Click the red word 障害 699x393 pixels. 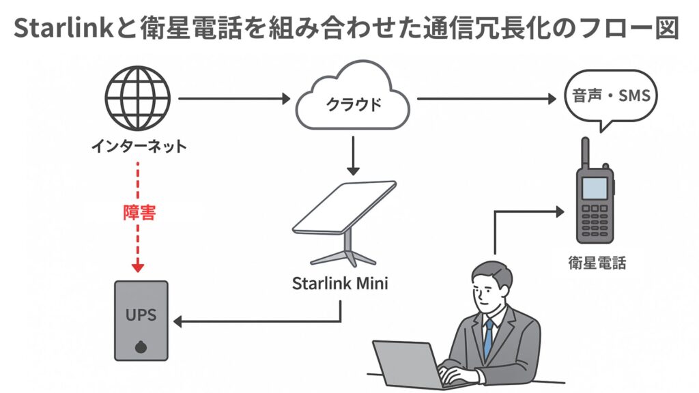tap(140, 213)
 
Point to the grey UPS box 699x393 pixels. tap(141, 319)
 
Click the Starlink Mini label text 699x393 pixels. tap(340, 282)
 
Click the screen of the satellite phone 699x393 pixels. tap(595, 187)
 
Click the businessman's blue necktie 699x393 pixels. tap(488, 338)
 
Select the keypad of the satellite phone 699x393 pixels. tap(595, 216)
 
